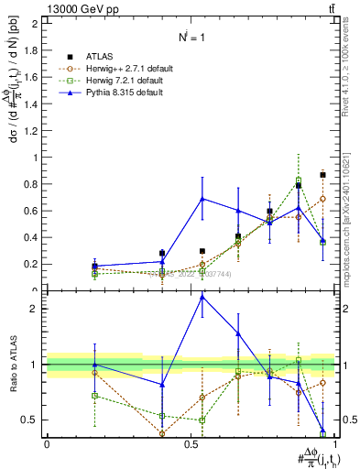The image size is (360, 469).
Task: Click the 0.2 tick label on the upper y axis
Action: pyautogui.click(x=34, y=265)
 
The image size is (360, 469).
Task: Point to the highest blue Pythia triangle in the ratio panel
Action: pyautogui.click(x=202, y=297)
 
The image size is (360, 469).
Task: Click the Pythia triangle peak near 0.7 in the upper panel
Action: pyautogui.click(x=202, y=199)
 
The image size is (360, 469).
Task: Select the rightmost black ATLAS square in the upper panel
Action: pyautogui.click(x=322, y=174)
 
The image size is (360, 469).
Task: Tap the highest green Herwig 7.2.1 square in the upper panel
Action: pyautogui.click(x=299, y=180)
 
